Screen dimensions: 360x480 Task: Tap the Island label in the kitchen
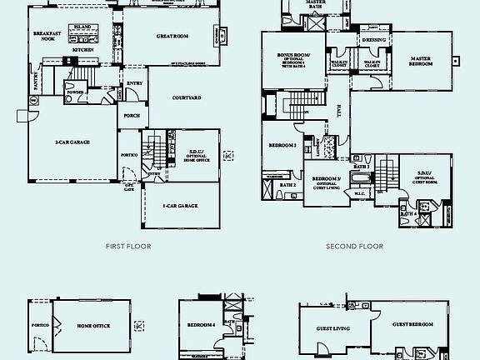[x=82, y=27]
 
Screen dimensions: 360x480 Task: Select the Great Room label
[x=172, y=36]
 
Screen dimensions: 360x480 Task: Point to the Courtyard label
[x=186, y=98]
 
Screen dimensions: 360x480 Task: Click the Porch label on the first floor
[x=132, y=115]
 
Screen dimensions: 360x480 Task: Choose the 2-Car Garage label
[x=72, y=142]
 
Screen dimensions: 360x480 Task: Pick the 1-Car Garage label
[x=180, y=204]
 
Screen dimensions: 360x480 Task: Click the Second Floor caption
[x=354, y=247]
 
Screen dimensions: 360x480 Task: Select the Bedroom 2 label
[x=282, y=145]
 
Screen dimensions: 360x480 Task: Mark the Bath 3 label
[x=361, y=167]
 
